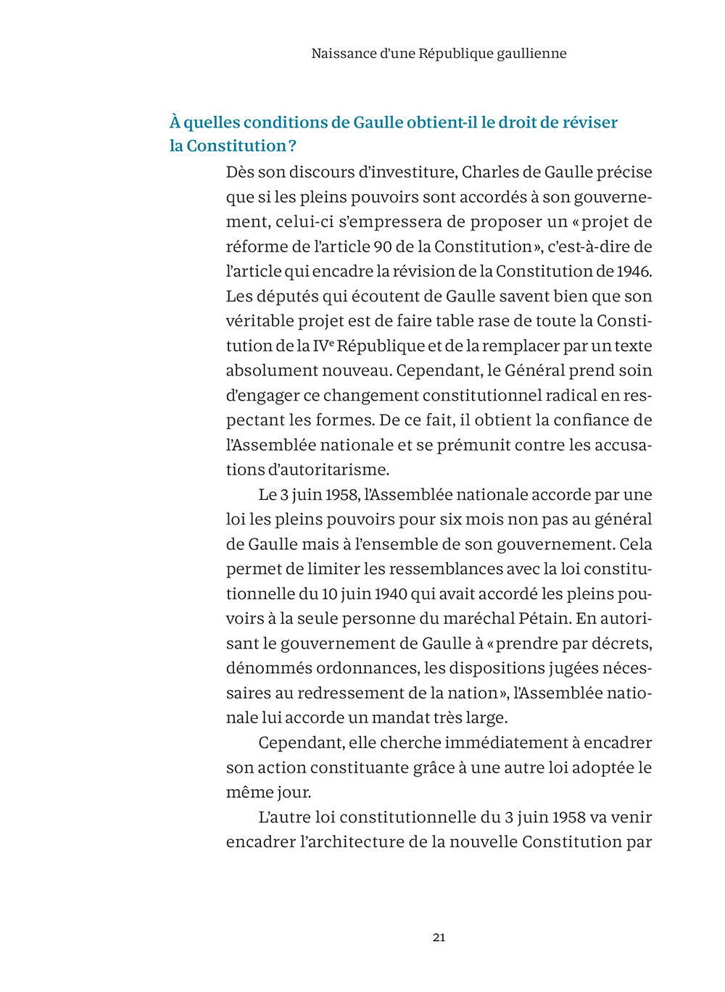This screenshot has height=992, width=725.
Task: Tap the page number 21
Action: [439, 937]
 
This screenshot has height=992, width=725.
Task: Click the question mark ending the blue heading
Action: [292, 146]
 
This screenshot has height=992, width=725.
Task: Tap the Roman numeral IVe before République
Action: [323, 346]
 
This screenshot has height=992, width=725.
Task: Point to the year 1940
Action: [390, 594]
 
